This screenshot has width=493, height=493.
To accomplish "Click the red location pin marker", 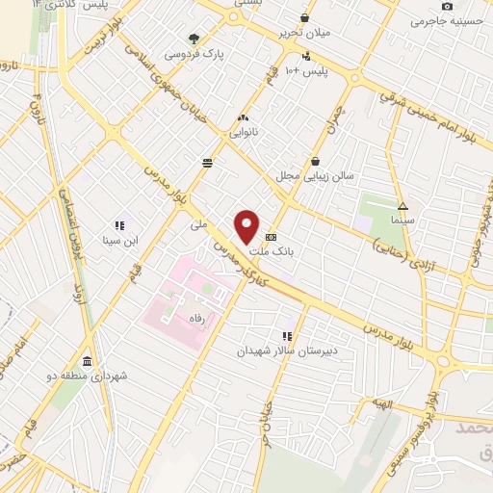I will click(247, 226).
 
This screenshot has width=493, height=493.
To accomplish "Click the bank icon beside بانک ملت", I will click(272, 235).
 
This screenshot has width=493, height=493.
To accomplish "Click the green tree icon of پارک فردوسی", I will click(194, 39).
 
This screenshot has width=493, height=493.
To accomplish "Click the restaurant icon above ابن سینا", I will click(120, 225).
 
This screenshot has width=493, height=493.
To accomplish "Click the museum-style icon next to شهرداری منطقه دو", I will click(88, 362).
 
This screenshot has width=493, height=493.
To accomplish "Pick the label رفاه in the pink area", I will click(198, 327).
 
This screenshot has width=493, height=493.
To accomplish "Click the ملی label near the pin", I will click(199, 224).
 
